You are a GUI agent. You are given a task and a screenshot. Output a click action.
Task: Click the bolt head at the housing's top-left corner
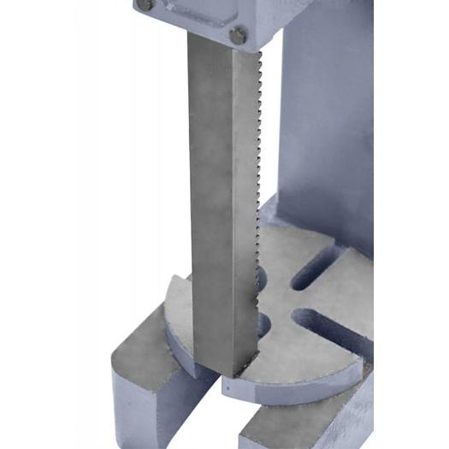pyautogui.click(x=145, y=4)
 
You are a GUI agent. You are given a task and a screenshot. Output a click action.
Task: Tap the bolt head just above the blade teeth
pyautogui.click(x=238, y=36)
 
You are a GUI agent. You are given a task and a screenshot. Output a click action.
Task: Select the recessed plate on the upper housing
pyautogui.click(x=203, y=12)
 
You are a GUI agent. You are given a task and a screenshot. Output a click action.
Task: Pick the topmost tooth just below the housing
pyautogui.click(x=256, y=53)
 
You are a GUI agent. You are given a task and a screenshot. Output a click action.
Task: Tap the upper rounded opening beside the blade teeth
pyautogui.click(x=262, y=279)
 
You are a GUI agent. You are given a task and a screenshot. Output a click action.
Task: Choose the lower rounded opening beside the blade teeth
pyautogui.click(x=263, y=324)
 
